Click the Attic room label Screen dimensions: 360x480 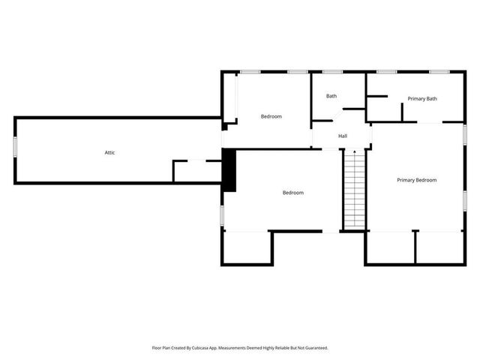(x=109, y=152)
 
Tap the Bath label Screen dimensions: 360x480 (x=331, y=96)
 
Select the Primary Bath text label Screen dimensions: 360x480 (x=422, y=99)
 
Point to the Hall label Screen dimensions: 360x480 (x=343, y=136)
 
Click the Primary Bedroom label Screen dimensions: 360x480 (x=416, y=180)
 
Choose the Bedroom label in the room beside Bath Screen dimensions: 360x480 (x=271, y=116)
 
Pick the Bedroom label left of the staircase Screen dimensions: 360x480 (x=292, y=193)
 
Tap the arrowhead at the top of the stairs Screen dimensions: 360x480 (x=353, y=152)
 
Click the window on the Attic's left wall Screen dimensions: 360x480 (x=15, y=147)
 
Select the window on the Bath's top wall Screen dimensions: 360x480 (x=332, y=72)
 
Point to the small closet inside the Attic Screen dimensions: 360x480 (x=196, y=171)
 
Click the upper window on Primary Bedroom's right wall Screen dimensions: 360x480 (x=464, y=133)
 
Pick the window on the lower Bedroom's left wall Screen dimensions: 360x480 (x=222, y=214)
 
